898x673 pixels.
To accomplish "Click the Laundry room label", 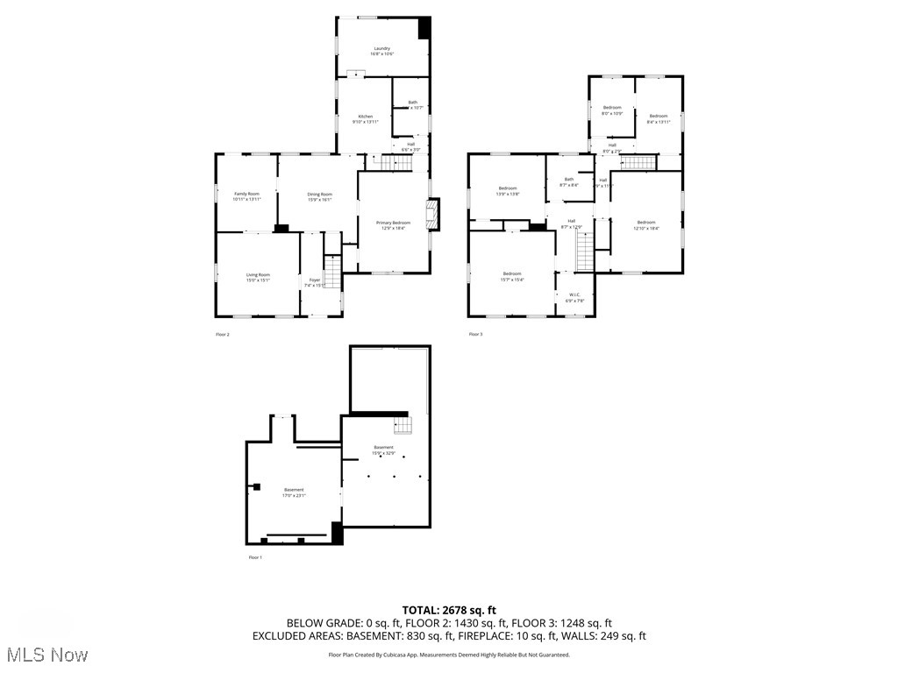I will coord(381,51).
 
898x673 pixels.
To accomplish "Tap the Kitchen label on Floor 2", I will coord(364,119).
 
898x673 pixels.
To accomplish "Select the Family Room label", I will coord(246,196).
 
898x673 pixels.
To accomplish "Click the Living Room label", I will coord(258,278).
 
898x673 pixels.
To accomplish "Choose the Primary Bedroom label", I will coord(393,225).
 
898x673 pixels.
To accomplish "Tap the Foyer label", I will coord(314,282).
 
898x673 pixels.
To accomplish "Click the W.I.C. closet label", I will coord(574,298).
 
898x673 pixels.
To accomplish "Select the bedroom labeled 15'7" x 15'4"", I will coord(512,277).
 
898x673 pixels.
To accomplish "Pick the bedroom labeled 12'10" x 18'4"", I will coord(646,225).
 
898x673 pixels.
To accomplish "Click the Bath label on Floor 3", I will coord(568,182).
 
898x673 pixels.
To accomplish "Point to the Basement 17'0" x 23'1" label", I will coord(294,492).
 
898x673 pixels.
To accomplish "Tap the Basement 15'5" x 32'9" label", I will coord(383,450).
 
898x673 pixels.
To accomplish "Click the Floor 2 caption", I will coord(223,334).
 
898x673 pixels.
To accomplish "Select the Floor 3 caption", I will coord(475,334).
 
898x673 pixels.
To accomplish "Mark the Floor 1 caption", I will coord(254,557).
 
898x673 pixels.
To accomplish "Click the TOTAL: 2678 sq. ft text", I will coord(449,610).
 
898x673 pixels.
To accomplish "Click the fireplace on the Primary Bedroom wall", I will coord(431,215).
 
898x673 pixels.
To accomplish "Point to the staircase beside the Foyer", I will coord(332,271).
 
